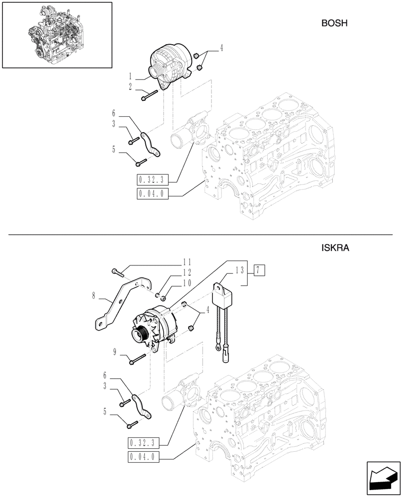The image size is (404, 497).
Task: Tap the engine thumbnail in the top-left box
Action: [57, 35]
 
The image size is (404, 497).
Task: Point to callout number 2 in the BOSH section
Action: [130, 87]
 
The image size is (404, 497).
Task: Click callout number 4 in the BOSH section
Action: [221, 48]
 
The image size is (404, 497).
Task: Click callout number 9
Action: [114, 352]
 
